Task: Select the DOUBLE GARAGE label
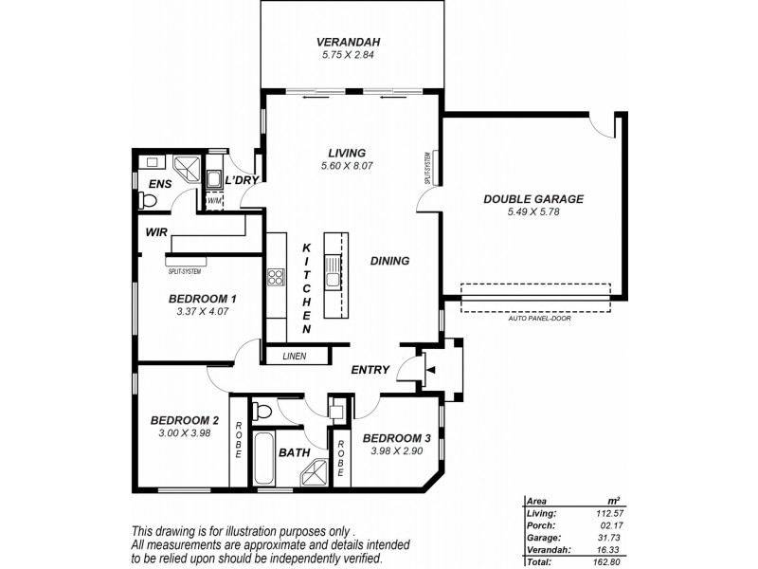(x=532, y=199)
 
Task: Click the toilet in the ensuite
(x=146, y=200)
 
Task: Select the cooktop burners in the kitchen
(x=277, y=278)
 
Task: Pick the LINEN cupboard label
(x=294, y=356)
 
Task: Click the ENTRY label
(x=370, y=370)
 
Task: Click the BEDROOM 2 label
(x=185, y=421)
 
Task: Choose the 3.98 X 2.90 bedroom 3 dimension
(x=397, y=451)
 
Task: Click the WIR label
(x=157, y=231)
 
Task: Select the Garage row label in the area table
(x=543, y=538)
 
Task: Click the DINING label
(x=389, y=261)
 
